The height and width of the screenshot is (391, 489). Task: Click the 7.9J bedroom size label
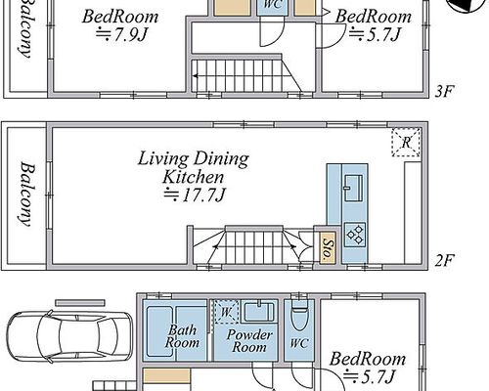[121, 34]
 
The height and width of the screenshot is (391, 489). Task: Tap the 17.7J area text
[195, 195]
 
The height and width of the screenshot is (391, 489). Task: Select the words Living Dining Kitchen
[194, 167]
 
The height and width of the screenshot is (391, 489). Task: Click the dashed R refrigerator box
[406, 143]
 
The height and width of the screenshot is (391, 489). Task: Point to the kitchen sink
[353, 188]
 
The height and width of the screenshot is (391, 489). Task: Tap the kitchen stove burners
[355, 235]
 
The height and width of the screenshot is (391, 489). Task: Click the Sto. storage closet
[328, 248]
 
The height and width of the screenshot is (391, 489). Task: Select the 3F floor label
[444, 92]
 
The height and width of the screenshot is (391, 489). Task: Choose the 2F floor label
[444, 260]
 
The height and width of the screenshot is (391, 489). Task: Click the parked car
[70, 336]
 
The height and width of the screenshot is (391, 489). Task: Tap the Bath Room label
[183, 336]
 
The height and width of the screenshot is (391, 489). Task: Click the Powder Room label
[249, 341]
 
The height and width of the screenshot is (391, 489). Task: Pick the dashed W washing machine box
[226, 312]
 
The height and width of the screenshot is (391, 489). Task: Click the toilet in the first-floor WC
[299, 315]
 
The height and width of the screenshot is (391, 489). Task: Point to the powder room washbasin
[259, 312]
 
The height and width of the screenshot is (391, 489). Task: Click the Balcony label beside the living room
[26, 195]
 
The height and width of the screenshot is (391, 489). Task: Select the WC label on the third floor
[273, 5]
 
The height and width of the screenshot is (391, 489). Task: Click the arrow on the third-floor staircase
[236, 76]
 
